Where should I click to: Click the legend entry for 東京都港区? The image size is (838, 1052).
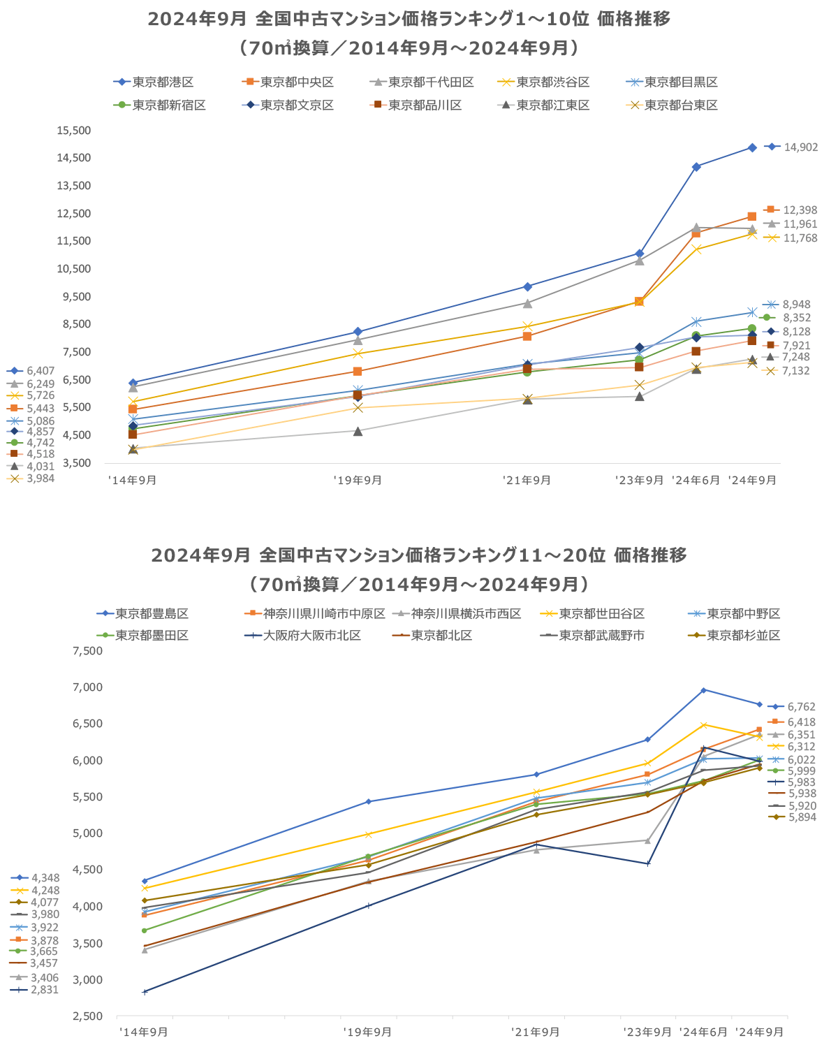coord(163,82)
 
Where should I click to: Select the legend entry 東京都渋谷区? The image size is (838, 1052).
coord(552,82)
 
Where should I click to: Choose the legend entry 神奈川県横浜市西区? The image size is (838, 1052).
coord(466,614)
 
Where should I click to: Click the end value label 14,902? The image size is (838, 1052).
coord(800,147)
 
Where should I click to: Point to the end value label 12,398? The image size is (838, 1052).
coord(800,210)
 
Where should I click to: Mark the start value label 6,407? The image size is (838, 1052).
coord(41,371)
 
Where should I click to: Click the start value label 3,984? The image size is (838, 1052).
coord(41,479)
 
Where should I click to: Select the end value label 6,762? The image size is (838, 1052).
coord(801,707)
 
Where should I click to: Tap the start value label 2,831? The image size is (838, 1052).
coord(45,990)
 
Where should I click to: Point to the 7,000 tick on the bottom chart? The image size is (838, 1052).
coord(88,687)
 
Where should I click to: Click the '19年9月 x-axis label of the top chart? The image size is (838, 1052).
coord(358,481)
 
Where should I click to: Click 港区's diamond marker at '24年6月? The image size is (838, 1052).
coord(696,167)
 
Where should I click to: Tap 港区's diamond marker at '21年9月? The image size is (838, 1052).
coord(527,286)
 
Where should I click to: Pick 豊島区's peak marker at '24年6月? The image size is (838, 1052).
coord(703,690)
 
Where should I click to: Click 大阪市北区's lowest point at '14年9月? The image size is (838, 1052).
coord(145,992)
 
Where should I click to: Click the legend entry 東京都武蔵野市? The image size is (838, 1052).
coord(601,636)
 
